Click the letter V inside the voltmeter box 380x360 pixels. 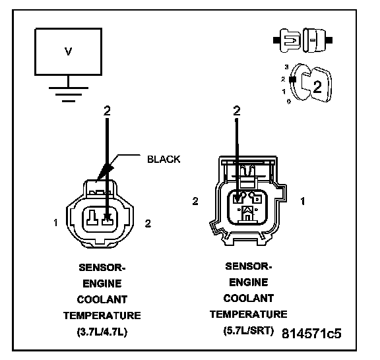pyautogui.click(x=69, y=51)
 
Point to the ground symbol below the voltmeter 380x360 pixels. pyautogui.click(x=69, y=94)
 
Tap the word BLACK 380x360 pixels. pyautogui.click(x=164, y=159)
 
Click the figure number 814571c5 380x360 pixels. pyautogui.click(x=311, y=334)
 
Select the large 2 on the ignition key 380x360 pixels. pyautogui.click(x=317, y=87)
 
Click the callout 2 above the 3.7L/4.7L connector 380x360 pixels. pyautogui.click(x=107, y=111)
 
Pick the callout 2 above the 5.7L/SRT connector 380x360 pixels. pyautogui.click(x=237, y=111)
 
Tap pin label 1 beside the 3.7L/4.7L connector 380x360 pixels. pyautogui.click(x=55, y=222)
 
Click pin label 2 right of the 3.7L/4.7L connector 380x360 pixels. pyautogui.click(x=148, y=224)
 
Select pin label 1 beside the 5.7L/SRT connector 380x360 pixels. pyautogui.click(x=302, y=201)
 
